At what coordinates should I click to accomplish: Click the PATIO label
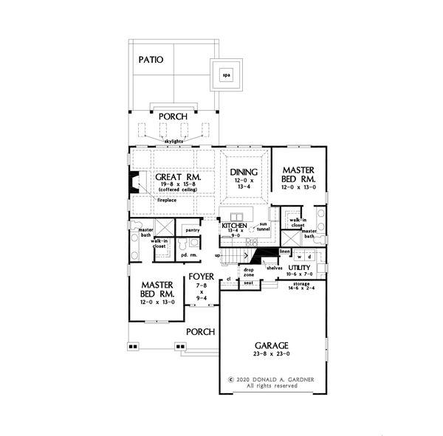150,59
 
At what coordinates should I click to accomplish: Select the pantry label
193,230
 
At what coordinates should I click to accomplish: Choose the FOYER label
202,277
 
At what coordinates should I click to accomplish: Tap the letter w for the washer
299,257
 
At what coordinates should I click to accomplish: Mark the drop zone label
248,273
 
